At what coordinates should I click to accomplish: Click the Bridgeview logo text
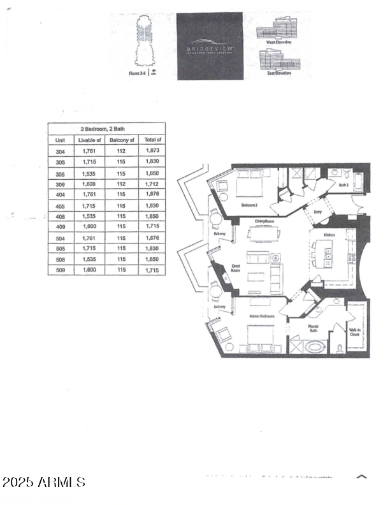tap(210, 47)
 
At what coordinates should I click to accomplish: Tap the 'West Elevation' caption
tap(278, 42)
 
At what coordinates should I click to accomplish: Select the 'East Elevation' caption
tap(278, 73)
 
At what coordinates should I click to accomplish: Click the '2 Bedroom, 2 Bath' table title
tap(107, 129)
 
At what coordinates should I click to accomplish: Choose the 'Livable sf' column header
tap(89, 140)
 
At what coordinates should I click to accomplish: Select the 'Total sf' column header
tap(152, 140)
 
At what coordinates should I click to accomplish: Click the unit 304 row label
tap(61, 151)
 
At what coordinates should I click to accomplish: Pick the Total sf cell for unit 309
tap(152, 184)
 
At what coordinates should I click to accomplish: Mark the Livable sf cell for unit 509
tap(89, 270)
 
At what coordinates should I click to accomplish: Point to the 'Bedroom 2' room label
tap(249, 205)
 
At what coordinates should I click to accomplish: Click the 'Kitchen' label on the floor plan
tap(329, 235)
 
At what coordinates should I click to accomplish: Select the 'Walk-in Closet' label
tap(354, 331)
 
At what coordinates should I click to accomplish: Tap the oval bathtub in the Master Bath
tap(315, 348)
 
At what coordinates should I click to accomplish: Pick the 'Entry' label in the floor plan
tap(317, 212)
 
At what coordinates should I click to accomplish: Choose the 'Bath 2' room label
tap(343, 185)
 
